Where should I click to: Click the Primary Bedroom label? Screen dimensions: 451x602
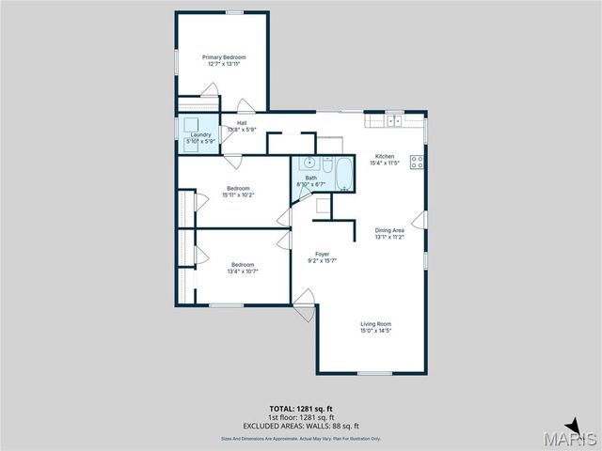pos(222,57)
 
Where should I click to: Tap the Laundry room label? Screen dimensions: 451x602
pos(200,135)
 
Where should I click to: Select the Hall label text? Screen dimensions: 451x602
pos(242,123)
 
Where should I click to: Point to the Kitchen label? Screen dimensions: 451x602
pos(385,156)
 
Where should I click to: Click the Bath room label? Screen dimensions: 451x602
pos(310,178)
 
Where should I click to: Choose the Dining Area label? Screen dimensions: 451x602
pos(389,230)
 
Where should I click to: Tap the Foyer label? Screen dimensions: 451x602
pos(322,254)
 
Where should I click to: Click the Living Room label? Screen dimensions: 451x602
pos(375,324)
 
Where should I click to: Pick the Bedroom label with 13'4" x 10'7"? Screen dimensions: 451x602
pos(244,265)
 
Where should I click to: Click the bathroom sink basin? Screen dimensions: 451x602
pos(309,163)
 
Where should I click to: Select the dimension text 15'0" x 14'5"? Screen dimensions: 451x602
pos(375,331)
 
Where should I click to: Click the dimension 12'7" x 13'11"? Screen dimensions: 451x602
pos(222,64)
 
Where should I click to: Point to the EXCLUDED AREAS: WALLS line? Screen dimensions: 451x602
pos(301,425)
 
